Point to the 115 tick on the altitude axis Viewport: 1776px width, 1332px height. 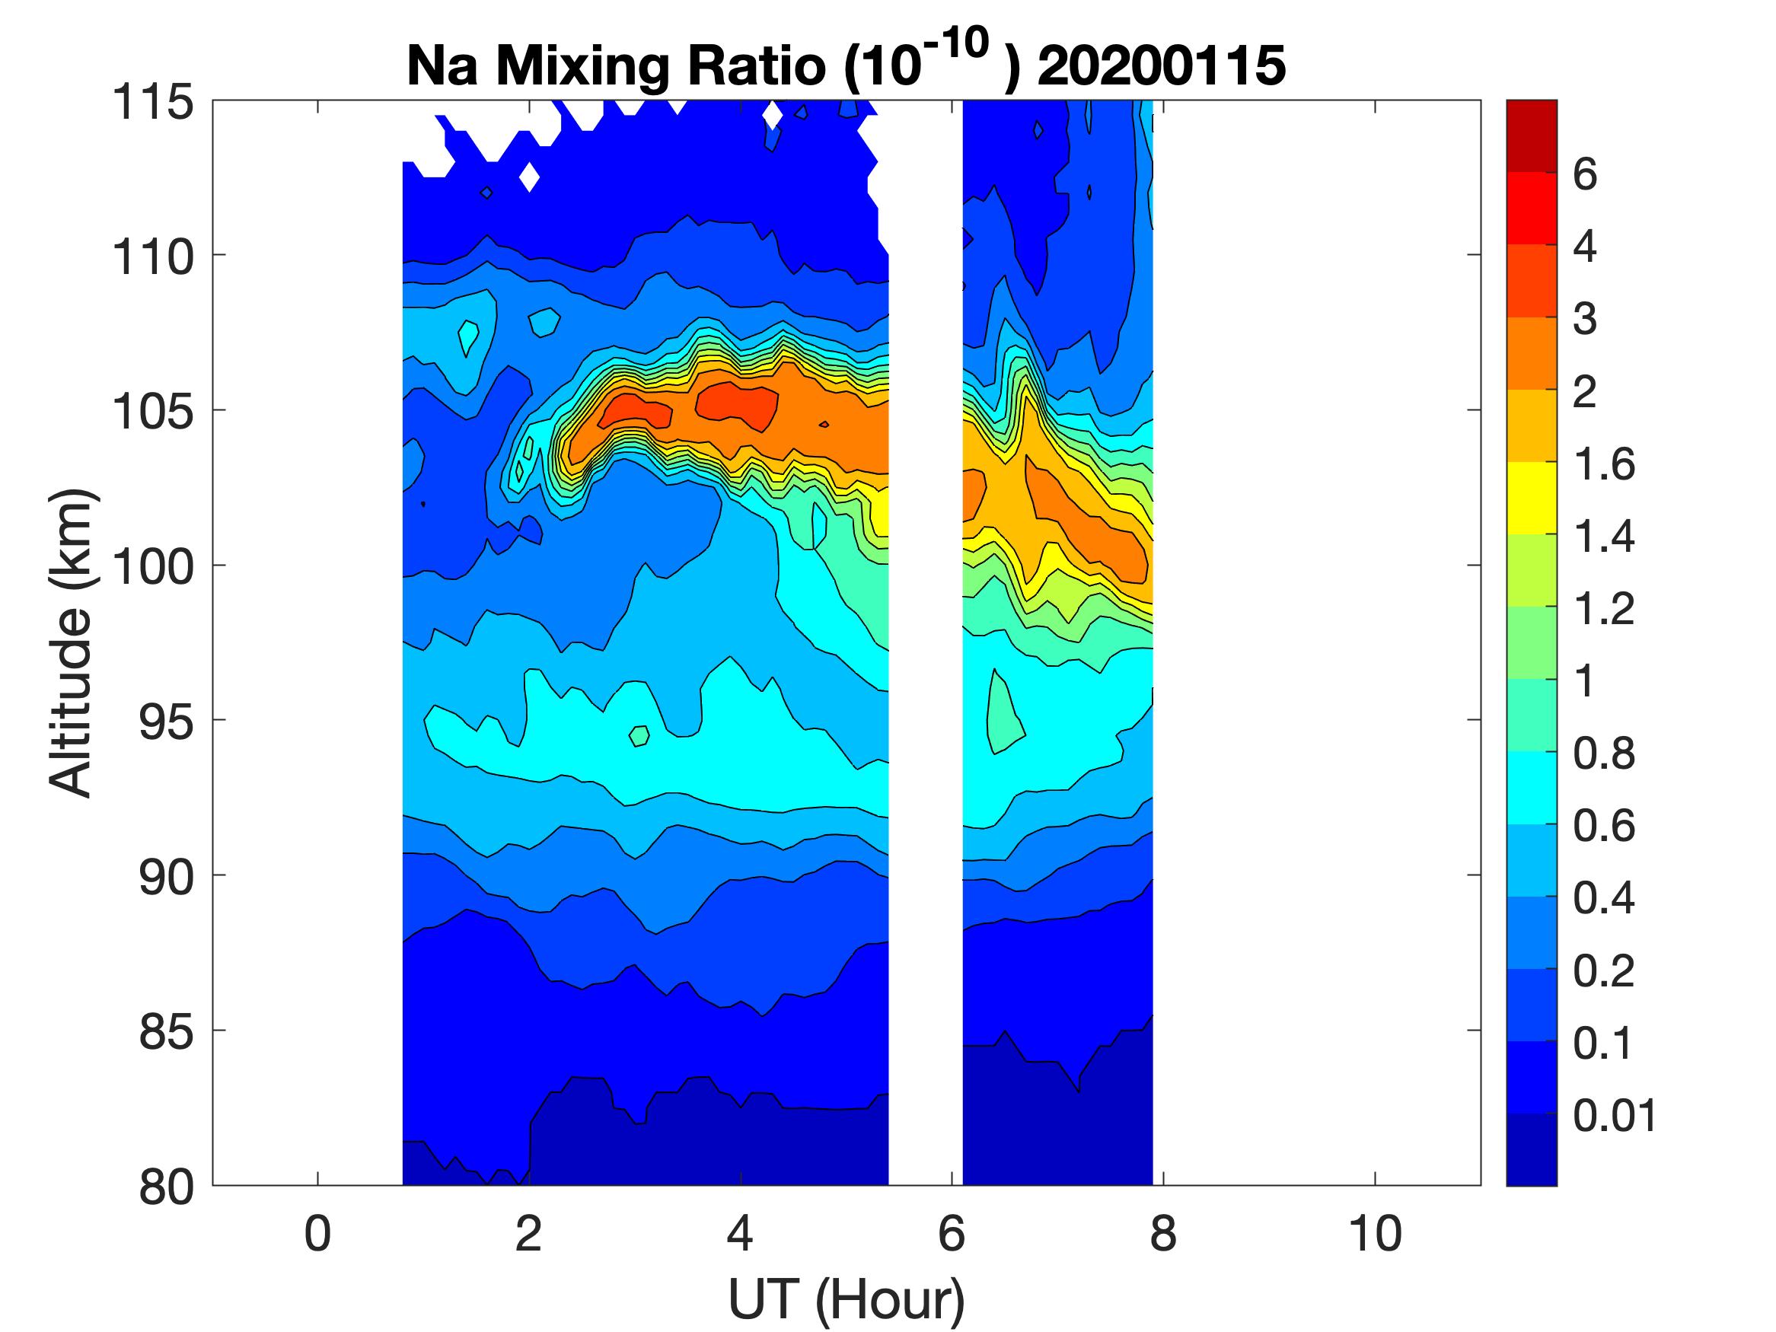(152, 103)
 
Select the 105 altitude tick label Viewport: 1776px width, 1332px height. (152, 412)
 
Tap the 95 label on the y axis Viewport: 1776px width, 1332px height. (166, 722)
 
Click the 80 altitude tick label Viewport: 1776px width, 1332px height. (166, 1187)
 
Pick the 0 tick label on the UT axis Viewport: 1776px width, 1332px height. (317, 1234)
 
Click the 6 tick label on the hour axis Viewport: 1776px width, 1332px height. (952, 1234)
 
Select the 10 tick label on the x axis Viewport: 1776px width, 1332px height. (1375, 1234)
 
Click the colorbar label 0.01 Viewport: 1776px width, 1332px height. (1615, 1115)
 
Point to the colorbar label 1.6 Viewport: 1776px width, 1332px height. (1603, 464)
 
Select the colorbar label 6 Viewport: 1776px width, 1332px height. (1585, 174)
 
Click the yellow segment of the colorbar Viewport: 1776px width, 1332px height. (1531, 498)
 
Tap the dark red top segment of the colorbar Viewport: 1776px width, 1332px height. (1531, 135)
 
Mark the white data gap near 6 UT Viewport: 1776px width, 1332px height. (925, 642)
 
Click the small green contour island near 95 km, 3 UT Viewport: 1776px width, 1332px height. (639, 735)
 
